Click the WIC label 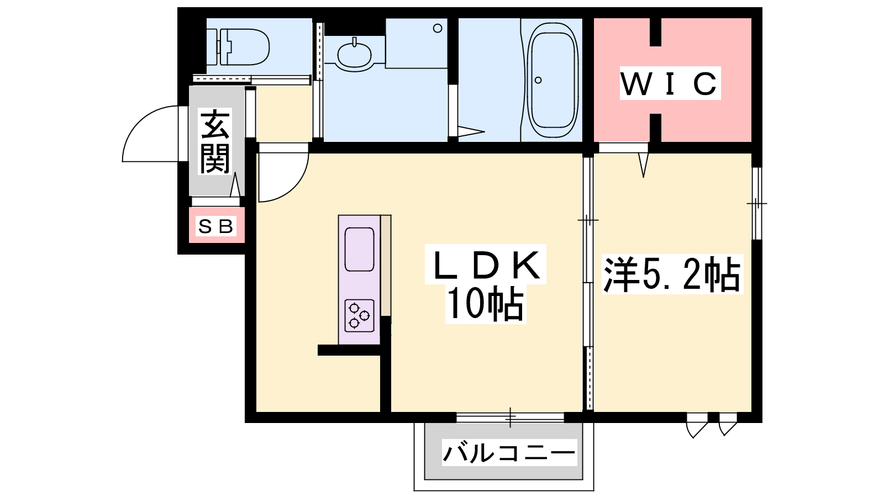pyautogui.click(x=670, y=83)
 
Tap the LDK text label pyautogui.click(x=486, y=265)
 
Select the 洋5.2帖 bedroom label pyautogui.click(x=672, y=274)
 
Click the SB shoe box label pyautogui.click(x=216, y=226)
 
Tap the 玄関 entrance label pyautogui.click(x=215, y=141)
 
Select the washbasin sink pyautogui.click(x=354, y=56)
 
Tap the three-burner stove pyautogui.click(x=359, y=315)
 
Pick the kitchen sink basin pyautogui.click(x=359, y=249)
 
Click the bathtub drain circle pyautogui.click(x=538, y=80)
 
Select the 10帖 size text pyautogui.click(x=486, y=304)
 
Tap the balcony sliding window pyautogui.click(x=510, y=417)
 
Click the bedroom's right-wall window pyautogui.click(x=756, y=204)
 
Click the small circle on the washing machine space pyautogui.click(x=437, y=28)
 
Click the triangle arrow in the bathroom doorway pyautogui.click(x=471, y=132)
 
